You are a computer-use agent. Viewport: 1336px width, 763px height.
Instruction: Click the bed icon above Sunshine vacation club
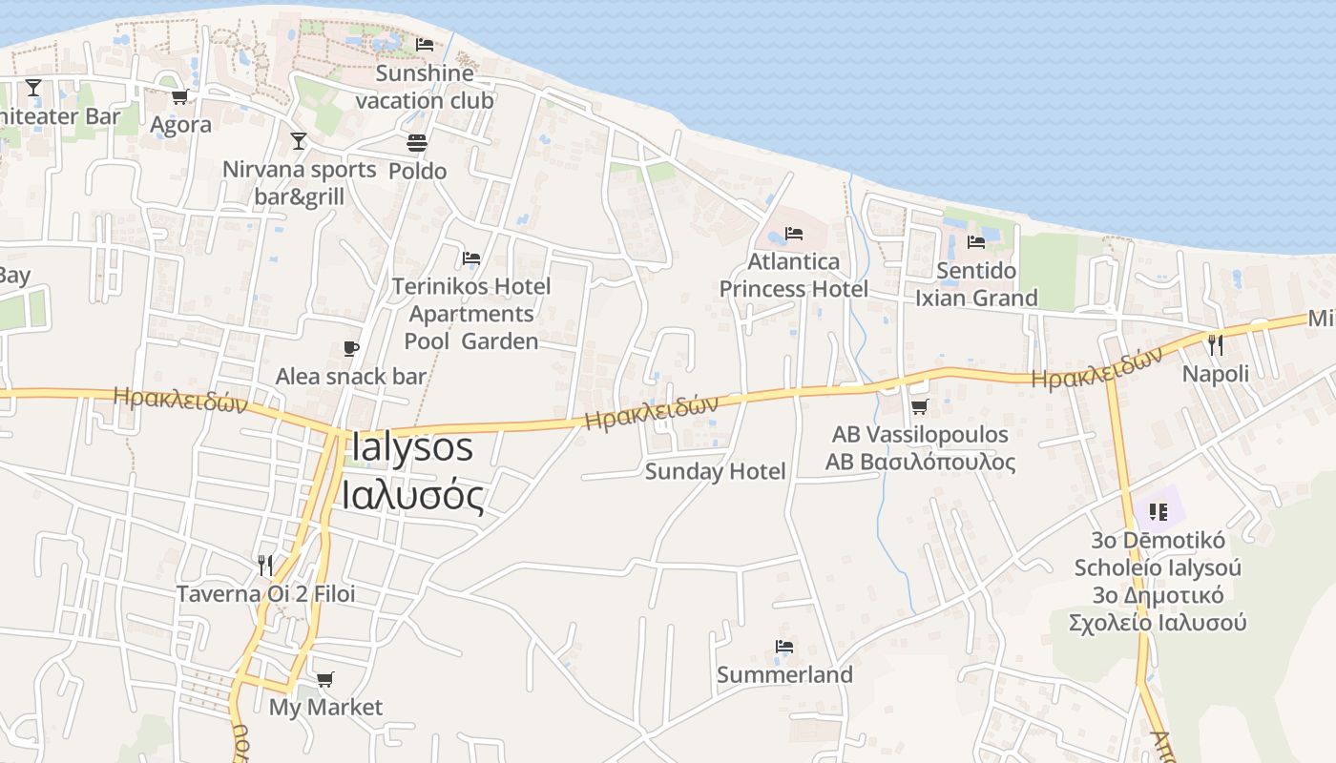(425, 45)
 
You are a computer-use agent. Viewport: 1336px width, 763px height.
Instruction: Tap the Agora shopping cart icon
(179, 96)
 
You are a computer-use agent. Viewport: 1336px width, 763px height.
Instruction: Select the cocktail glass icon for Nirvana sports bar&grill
(299, 141)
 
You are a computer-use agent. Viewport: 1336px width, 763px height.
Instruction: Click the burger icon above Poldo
(417, 143)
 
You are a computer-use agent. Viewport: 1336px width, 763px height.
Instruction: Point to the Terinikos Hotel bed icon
(470, 258)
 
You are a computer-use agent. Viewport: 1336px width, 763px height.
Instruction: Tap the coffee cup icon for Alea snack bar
(351, 348)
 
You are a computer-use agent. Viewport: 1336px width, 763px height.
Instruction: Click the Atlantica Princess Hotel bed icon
(793, 233)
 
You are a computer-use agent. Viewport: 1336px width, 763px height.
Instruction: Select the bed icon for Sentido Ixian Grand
(975, 241)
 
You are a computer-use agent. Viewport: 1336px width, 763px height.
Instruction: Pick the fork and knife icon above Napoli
(1215, 344)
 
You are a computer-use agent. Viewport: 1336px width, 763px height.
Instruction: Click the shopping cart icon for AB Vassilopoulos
(919, 407)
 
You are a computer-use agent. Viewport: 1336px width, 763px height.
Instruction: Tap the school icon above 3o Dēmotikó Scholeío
(1159, 512)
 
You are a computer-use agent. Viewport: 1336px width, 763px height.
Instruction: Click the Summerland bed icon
(784, 647)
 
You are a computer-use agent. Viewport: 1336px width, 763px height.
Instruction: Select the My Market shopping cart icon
(325, 679)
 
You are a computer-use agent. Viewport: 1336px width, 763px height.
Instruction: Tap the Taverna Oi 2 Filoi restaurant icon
(265, 566)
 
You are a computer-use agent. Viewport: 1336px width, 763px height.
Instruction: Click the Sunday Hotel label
(715, 471)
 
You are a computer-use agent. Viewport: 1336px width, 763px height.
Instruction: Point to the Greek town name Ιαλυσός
(412, 497)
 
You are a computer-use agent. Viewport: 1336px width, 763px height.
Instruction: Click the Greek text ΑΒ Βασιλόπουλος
(920, 463)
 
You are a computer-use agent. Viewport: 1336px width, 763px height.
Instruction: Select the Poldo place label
(417, 171)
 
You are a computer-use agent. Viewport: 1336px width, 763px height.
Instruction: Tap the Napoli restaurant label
(1215, 374)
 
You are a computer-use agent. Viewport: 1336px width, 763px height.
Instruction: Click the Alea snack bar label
(350, 377)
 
